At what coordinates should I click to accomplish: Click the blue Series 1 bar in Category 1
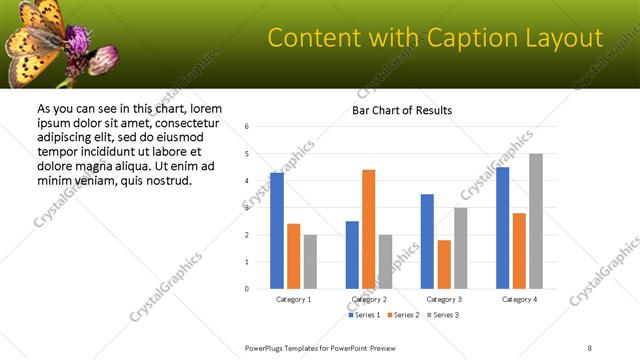[277, 231]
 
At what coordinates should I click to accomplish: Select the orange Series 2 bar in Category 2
[368, 229]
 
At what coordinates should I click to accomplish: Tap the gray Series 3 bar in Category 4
[536, 221]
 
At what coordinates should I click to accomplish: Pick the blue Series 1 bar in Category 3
[427, 241]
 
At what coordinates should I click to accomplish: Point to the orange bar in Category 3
[444, 264]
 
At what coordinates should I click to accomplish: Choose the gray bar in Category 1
[310, 261]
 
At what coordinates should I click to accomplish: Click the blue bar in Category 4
[502, 228]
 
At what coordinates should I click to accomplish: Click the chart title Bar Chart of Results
[402, 110]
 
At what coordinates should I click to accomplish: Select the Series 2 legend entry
[403, 315]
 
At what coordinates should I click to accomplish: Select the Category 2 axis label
[369, 299]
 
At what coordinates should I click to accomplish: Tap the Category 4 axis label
[519, 299]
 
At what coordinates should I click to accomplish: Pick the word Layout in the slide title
[561, 39]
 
